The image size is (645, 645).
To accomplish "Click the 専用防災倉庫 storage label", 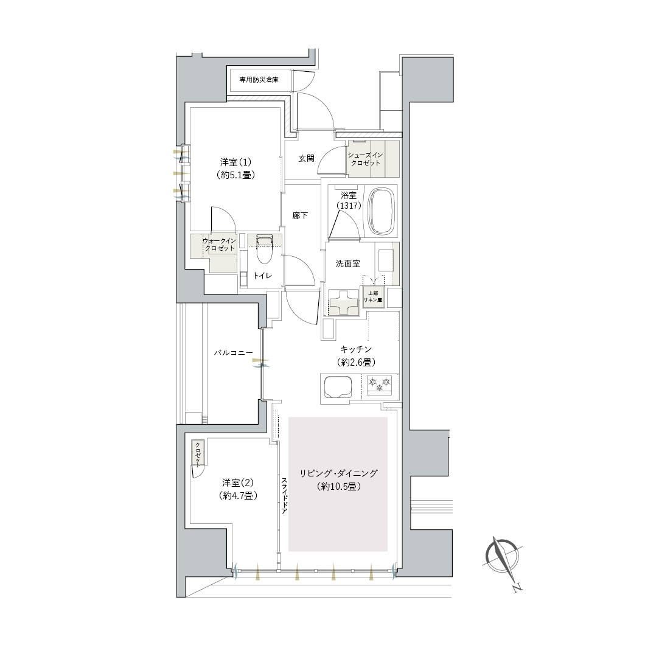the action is pyautogui.click(x=259, y=80).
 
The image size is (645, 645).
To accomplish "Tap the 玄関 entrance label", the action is pyautogui.click(x=307, y=158).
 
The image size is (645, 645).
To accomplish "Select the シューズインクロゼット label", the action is pyautogui.click(x=365, y=159).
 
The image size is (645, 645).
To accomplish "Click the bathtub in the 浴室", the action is pyautogui.click(x=383, y=212).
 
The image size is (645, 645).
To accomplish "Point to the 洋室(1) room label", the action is pyautogui.click(x=235, y=162).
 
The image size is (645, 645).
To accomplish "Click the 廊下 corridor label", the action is pyautogui.click(x=300, y=215).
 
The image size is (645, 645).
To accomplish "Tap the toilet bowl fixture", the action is pyautogui.click(x=264, y=251).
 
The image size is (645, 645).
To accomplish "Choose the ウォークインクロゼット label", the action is pyautogui.click(x=220, y=245).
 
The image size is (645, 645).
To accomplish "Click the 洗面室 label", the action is pyautogui.click(x=348, y=263).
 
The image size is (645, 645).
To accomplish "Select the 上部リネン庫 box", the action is pyautogui.click(x=373, y=296).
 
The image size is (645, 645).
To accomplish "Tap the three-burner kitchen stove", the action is pyautogui.click(x=380, y=385).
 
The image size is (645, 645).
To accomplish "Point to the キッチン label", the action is pyautogui.click(x=356, y=349).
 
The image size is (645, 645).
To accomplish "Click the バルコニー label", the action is pyautogui.click(x=233, y=353).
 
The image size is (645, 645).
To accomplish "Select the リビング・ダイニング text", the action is pyautogui.click(x=338, y=473).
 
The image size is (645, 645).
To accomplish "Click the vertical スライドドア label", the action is pyautogui.click(x=284, y=496).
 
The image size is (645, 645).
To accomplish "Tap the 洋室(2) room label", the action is pyautogui.click(x=238, y=483).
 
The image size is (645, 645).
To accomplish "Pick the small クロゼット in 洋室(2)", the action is pyautogui.click(x=198, y=453).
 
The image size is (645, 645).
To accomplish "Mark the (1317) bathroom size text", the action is pyautogui.click(x=349, y=205).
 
